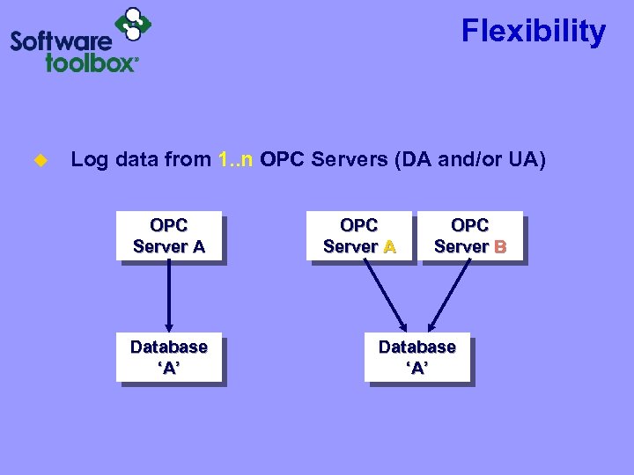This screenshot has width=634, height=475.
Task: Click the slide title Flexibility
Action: coord(534,33)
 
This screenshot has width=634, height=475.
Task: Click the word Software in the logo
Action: coord(62,41)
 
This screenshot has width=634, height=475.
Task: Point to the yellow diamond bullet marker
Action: coord(39,160)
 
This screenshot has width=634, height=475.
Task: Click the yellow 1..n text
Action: coord(236,159)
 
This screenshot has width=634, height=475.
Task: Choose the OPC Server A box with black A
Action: coord(168,237)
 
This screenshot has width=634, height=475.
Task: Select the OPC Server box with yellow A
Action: coord(358,237)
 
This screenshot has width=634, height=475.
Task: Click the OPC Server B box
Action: coord(469,237)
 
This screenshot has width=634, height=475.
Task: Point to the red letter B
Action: coord(500,247)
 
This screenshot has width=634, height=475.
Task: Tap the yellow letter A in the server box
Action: coord(389,247)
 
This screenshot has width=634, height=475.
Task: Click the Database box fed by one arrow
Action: coord(168,358)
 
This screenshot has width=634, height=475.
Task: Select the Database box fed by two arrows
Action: coord(417,358)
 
